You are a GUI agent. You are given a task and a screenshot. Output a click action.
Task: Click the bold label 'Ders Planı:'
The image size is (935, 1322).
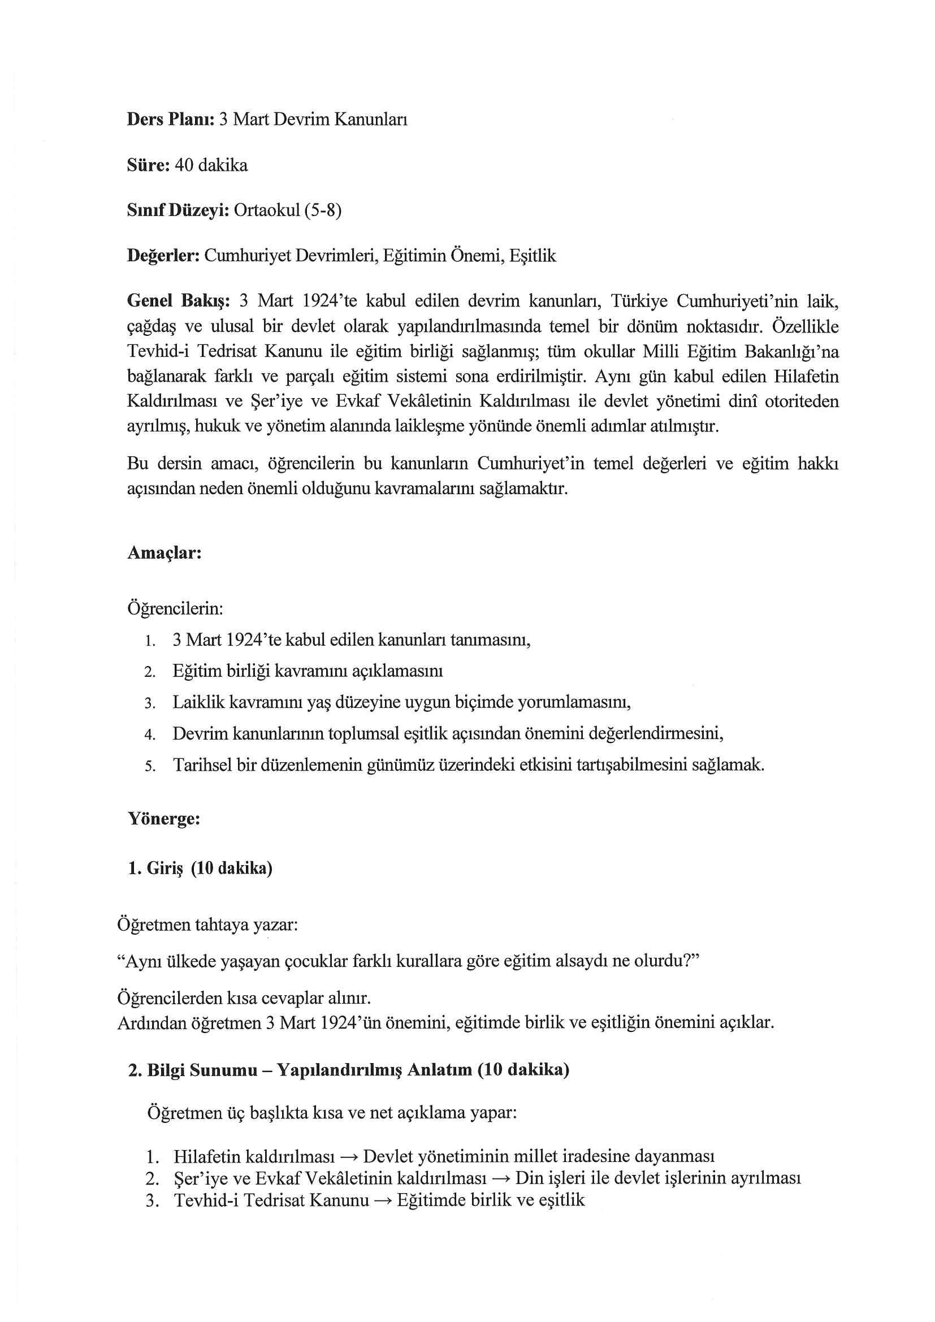pyautogui.click(x=170, y=120)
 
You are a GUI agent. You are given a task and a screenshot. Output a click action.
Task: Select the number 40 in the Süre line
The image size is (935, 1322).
pyautogui.click(x=184, y=165)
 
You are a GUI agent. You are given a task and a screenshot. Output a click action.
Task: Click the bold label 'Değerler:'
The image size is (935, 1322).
pyautogui.click(x=163, y=256)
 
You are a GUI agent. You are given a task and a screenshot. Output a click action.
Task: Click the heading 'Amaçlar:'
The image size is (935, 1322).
pyautogui.click(x=164, y=553)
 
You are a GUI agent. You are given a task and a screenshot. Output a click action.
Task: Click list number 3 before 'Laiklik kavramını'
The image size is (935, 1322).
pyautogui.click(x=150, y=703)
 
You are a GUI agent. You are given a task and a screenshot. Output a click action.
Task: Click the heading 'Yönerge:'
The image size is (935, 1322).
pyautogui.click(x=163, y=819)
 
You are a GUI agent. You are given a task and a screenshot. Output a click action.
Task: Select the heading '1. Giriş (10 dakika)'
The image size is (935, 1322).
pyautogui.click(x=200, y=869)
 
